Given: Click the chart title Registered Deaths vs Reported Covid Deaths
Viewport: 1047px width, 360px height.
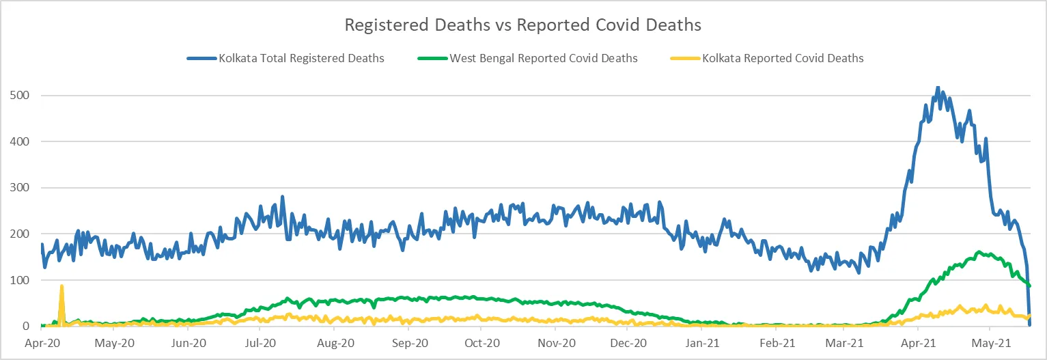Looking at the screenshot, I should pyautogui.click(x=522, y=25).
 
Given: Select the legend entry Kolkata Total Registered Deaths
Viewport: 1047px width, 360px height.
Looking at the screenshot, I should pyautogui.click(x=301, y=59).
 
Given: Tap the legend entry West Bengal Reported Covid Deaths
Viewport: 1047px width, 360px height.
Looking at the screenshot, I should pyautogui.click(x=543, y=59).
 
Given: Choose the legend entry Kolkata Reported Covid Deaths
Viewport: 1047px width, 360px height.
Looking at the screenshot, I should pyautogui.click(x=783, y=59).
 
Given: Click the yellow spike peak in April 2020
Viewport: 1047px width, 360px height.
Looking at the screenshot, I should pyautogui.click(x=61, y=286).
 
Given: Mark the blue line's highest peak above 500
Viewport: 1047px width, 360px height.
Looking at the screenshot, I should pyautogui.click(x=938, y=87).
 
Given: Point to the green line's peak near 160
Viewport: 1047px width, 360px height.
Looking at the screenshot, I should pyautogui.click(x=979, y=252).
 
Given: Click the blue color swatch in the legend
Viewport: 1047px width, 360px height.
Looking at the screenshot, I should pyautogui.click(x=201, y=59).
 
